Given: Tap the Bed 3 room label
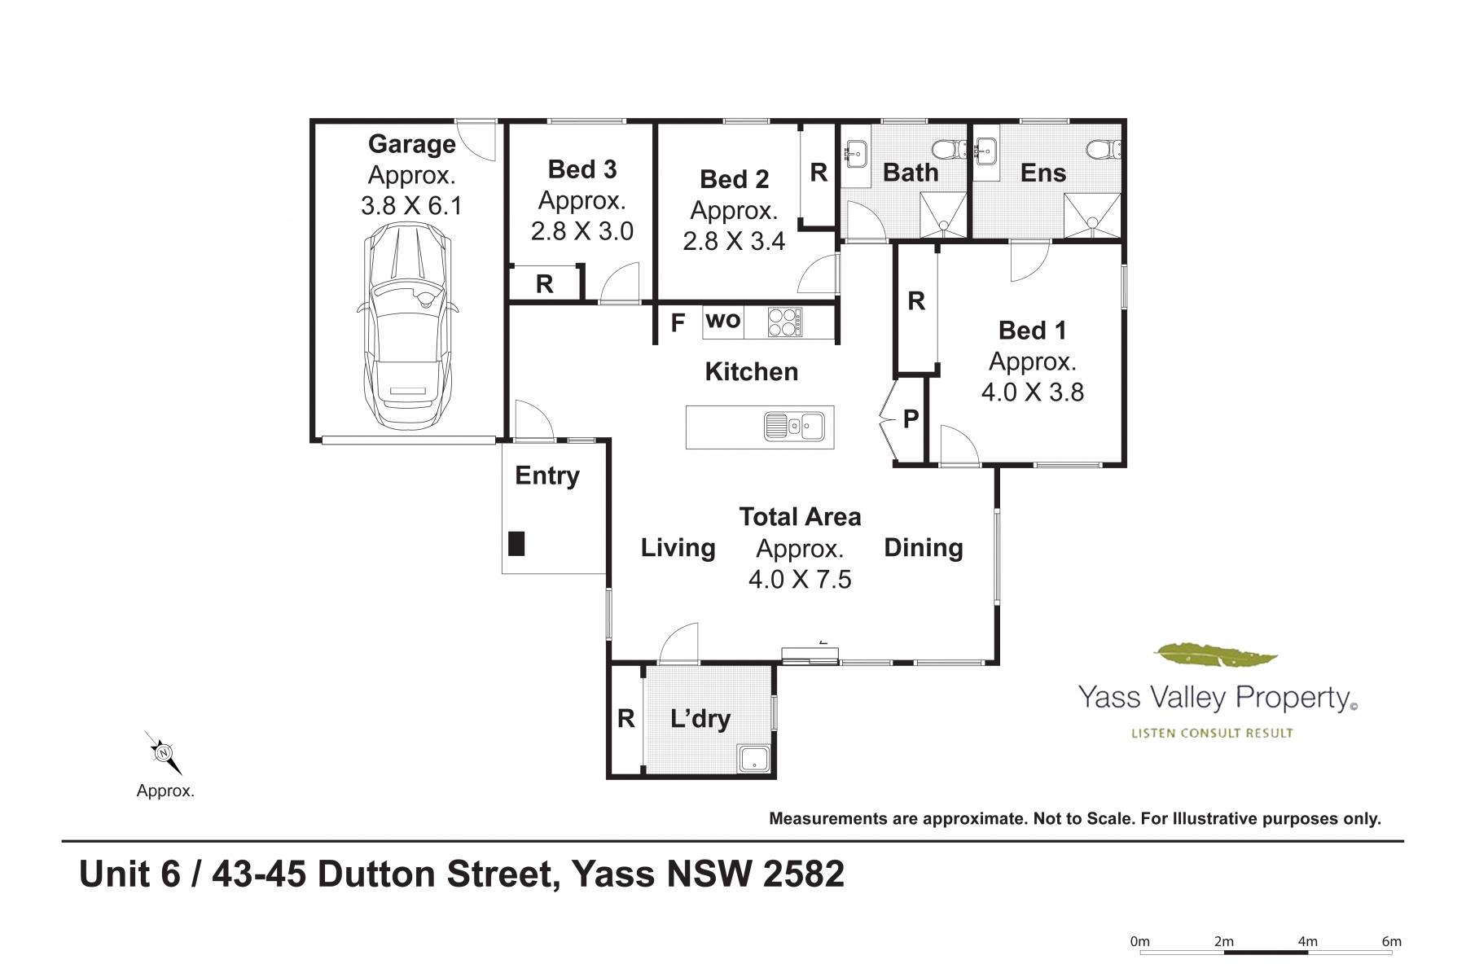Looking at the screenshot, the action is click(x=582, y=169).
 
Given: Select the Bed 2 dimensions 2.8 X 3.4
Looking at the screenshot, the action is click(x=734, y=241).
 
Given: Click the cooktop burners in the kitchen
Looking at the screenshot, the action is click(x=785, y=322).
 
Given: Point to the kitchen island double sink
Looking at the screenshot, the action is click(x=794, y=426).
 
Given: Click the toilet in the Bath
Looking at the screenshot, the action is click(x=949, y=150).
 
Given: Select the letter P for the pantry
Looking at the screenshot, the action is click(x=911, y=418).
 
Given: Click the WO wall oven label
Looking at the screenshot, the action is click(x=723, y=320).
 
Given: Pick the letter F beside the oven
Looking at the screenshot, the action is click(x=678, y=323).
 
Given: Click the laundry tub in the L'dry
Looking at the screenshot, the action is click(x=755, y=759).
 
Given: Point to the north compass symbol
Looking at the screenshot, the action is click(x=163, y=752).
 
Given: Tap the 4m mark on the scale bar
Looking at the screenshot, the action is click(x=1307, y=942).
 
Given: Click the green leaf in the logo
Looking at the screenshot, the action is click(x=1216, y=654).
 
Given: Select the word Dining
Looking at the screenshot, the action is click(x=924, y=549).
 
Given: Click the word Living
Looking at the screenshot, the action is click(x=678, y=549).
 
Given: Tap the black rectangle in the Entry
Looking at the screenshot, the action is click(x=516, y=543).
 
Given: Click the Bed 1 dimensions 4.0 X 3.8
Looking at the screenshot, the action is click(x=1033, y=392).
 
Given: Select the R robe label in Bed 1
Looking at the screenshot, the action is click(x=916, y=301).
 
